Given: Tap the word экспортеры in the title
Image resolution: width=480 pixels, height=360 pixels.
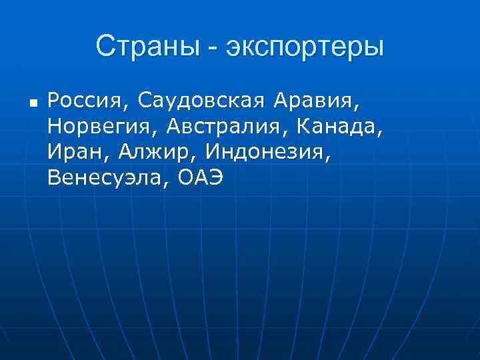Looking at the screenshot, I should click(306, 48).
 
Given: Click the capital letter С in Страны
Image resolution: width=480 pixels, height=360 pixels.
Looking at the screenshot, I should click(105, 47).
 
